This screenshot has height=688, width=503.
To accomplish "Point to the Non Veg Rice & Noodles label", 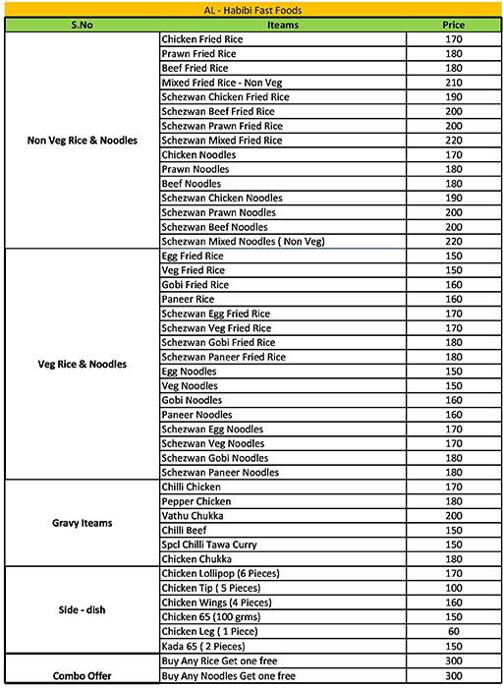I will pos(82,141).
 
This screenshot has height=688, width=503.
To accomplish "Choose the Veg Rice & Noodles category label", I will pos(82,364).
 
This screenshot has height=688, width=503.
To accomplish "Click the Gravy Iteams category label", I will pos(82,523).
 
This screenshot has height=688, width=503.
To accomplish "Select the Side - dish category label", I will pos(82,609).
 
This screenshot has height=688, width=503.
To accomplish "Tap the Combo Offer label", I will pos(82,676).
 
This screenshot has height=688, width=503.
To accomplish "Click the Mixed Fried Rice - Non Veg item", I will pos(219,83).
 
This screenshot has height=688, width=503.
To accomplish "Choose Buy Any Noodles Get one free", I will pos(230,676).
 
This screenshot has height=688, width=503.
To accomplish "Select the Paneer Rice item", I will pos(188,299).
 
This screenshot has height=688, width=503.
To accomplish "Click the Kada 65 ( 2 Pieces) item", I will pos(204,646).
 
